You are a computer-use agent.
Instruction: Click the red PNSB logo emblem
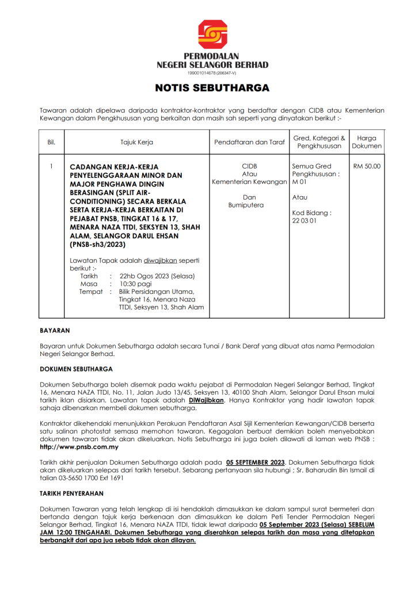[x=212, y=35]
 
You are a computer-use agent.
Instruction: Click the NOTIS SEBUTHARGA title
[x=212, y=89]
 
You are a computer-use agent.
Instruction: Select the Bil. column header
[x=51, y=141]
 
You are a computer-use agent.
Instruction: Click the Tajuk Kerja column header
[x=136, y=141]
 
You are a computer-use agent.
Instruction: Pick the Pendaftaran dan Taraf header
[x=249, y=141]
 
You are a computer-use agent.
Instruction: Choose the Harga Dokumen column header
[x=367, y=142]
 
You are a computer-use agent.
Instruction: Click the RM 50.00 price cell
[x=367, y=166]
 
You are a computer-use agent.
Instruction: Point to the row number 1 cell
[x=51, y=166]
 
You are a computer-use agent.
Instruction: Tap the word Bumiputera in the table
[x=249, y=205]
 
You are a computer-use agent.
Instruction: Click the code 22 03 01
[x=304, y=220]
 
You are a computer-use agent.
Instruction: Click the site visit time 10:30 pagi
[x=135, y=284]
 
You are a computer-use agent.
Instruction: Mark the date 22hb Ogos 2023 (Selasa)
[x=161, y=276]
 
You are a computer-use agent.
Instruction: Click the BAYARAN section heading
[x=55, y=331]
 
